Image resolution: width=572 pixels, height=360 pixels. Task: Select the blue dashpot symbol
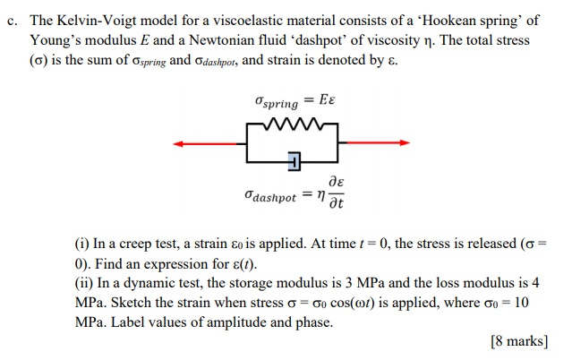pyautogui.click(x=294, y=161)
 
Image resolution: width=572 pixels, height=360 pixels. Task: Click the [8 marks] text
pyautogui.click(x=519, y=340)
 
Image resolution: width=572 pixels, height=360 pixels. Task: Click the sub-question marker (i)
pyautogui.click(x=83, y=242)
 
